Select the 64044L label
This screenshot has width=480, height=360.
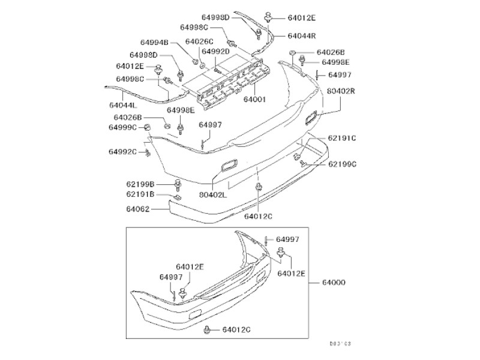click(x=123, y=104)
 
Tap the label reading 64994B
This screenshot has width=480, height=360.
click(x=154, y=43)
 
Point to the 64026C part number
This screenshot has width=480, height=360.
click(x=199, y=42)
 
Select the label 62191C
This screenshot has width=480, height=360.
click(x=342, y=139)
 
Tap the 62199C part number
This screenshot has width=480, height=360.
click(x=342, y=164)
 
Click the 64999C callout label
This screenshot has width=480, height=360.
click(x=123, y=127)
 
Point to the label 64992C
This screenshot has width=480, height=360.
click(x=123, y=152)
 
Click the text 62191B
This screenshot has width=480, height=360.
click(x=140, y=194)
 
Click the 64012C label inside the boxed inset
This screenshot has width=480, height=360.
click(x=236, y=329)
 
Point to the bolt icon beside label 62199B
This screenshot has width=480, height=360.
click(x=178, y=183)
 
